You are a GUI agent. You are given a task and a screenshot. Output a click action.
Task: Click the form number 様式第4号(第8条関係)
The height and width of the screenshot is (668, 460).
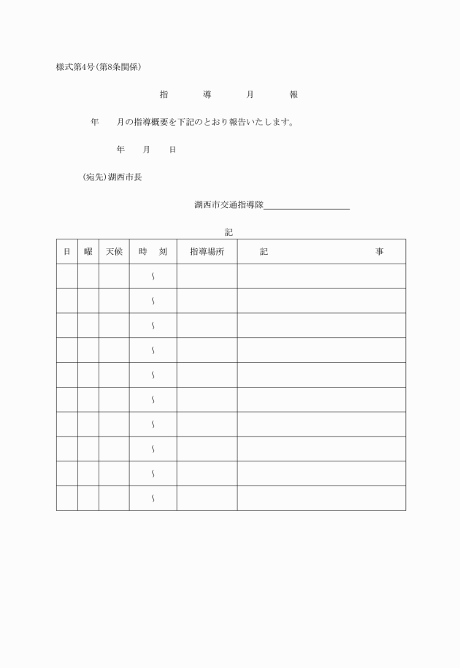click(x=99, y=67)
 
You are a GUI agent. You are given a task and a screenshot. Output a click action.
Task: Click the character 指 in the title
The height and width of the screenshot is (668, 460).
click(x=163, y=95)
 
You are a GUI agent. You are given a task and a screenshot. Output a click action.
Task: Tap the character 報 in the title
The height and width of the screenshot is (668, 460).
click(x=294, y=95)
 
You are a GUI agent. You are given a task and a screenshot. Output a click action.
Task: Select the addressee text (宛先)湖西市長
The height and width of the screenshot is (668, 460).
click(x=112, y=177)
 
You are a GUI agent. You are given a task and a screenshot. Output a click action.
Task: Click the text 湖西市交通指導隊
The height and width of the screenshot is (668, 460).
click(x=229, y=204)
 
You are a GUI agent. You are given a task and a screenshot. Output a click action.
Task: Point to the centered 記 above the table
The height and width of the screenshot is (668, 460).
click(x=229, y=232)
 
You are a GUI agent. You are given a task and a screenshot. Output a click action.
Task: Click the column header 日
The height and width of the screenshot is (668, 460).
click(x=66, y=251)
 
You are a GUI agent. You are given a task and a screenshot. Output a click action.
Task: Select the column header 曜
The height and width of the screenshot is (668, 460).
click(x=88, y=251)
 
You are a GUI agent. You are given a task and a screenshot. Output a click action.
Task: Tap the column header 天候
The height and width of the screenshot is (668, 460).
click(x=114, y=251)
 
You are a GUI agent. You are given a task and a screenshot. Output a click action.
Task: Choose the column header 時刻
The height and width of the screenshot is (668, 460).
click(x=153, y=251)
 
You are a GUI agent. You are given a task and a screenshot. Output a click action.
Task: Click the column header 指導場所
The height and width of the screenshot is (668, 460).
click(x=207, y=251)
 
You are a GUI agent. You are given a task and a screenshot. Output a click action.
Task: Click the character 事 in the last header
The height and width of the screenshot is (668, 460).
click(x=380, y=251)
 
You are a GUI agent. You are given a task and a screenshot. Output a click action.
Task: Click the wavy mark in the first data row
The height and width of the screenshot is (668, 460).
click(x=153, y=276)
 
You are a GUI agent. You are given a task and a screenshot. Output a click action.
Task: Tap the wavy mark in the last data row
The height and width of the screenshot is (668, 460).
click(x=153, y=499)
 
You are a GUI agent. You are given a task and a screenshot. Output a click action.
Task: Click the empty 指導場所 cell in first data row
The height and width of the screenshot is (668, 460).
click(x=207, y=276)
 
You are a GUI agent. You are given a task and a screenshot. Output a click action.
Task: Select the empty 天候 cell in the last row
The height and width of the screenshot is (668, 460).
click(x=114, y=499)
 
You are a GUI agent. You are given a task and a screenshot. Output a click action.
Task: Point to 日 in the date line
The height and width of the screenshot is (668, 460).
click(x=172, y=150)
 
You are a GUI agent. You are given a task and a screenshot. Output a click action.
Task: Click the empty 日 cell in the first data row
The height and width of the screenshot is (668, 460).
click(x=66, y=276)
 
